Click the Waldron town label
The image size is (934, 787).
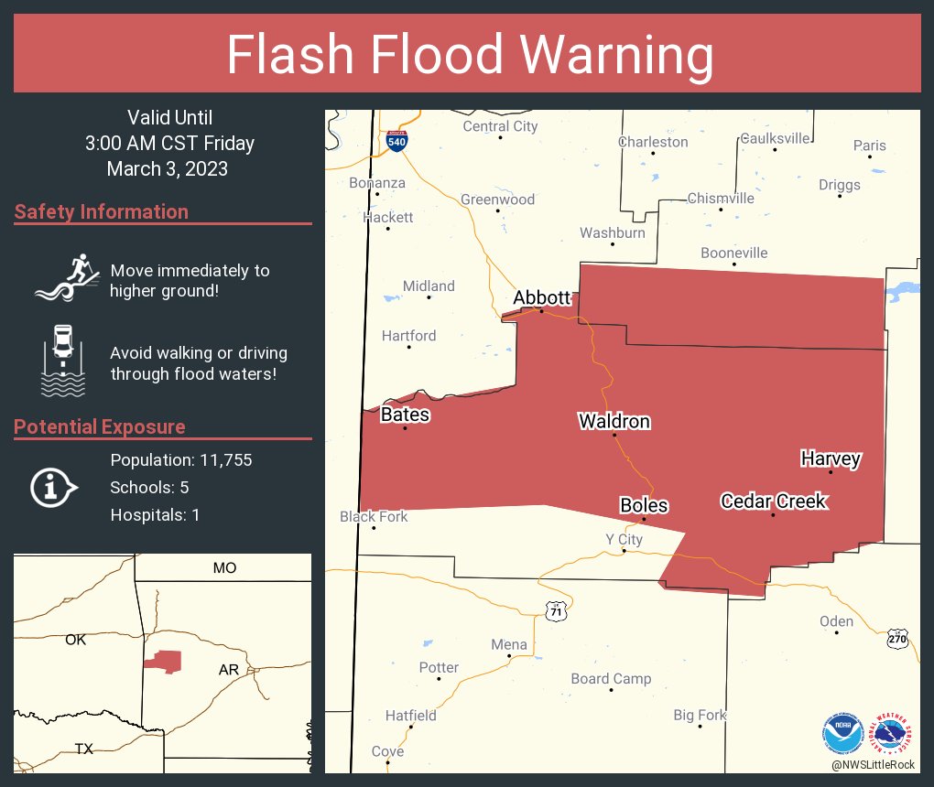[614, 421]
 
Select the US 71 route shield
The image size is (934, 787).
[556, 610]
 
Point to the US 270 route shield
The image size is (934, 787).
[898, 638]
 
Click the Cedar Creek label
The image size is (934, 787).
[774, 501]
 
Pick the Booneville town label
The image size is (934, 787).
[733, 253]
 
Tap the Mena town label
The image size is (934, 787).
[509, 644]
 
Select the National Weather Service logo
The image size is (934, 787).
[894, 733]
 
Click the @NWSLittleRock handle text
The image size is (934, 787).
[874, 764]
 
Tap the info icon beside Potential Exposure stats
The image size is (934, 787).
[55, 487]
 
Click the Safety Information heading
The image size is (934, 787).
[102, 212]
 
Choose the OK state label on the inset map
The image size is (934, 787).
[76, 640]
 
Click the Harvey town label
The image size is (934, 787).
[830, 458]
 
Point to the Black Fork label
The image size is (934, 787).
[374, 517]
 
